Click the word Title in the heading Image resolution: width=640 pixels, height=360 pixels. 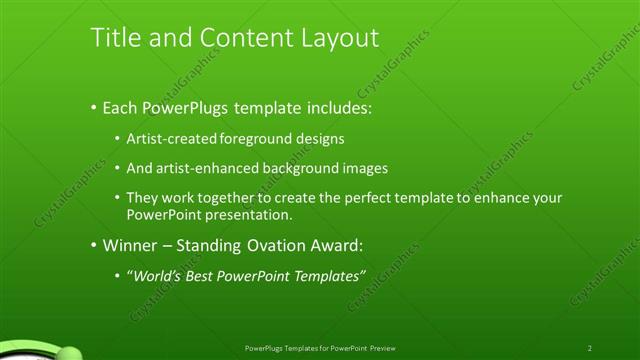(x=115, y=37)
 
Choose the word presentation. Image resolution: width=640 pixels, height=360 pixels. (x=249, y=215)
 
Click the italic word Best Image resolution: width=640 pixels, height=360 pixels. (x=205, y=275)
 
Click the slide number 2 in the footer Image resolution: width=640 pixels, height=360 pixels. (x=590, y=347)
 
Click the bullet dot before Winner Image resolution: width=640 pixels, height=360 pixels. (x=94, y=245)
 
